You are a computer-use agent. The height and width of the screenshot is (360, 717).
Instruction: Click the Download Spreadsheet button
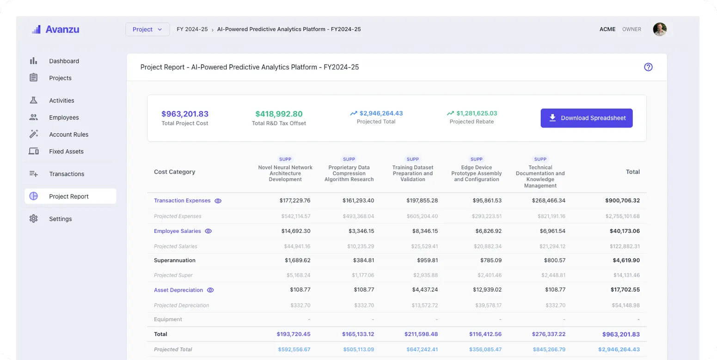click(586, 118)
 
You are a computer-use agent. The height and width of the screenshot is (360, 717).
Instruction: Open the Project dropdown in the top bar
click(147, 30)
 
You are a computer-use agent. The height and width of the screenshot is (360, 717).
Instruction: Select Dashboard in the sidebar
click(64, 61)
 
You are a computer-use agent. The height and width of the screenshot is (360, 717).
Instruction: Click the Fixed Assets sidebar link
click(66, 152)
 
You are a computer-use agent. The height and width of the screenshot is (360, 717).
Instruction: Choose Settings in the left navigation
click(60, 219)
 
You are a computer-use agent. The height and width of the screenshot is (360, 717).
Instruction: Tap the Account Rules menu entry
click(68, 134)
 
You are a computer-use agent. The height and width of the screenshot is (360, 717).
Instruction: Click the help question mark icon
click(648, 67)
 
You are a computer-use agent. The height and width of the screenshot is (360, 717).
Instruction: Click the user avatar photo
click(660, 30)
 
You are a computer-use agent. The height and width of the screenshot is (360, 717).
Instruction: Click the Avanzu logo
click(55, 30)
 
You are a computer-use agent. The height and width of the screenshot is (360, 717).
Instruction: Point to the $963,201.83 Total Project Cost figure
click(185, 114)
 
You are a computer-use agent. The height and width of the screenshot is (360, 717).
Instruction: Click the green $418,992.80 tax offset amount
click(279, 114)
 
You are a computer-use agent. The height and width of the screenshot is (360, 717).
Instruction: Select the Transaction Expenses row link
click(182, 201)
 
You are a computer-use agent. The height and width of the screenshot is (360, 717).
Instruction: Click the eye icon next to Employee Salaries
click(208, 231)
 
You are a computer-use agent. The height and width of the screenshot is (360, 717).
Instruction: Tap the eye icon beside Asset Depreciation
click(210, 290)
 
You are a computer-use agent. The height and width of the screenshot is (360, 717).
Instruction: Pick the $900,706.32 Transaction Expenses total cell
click(622, 201)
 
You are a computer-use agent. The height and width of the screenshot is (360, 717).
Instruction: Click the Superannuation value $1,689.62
click(297, 261)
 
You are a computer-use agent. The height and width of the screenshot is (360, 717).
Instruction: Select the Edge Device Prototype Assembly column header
click(476, 174)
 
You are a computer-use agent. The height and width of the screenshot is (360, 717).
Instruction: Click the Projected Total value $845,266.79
click(549, 349)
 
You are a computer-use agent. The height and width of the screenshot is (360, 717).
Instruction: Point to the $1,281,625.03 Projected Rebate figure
click(476, 113)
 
